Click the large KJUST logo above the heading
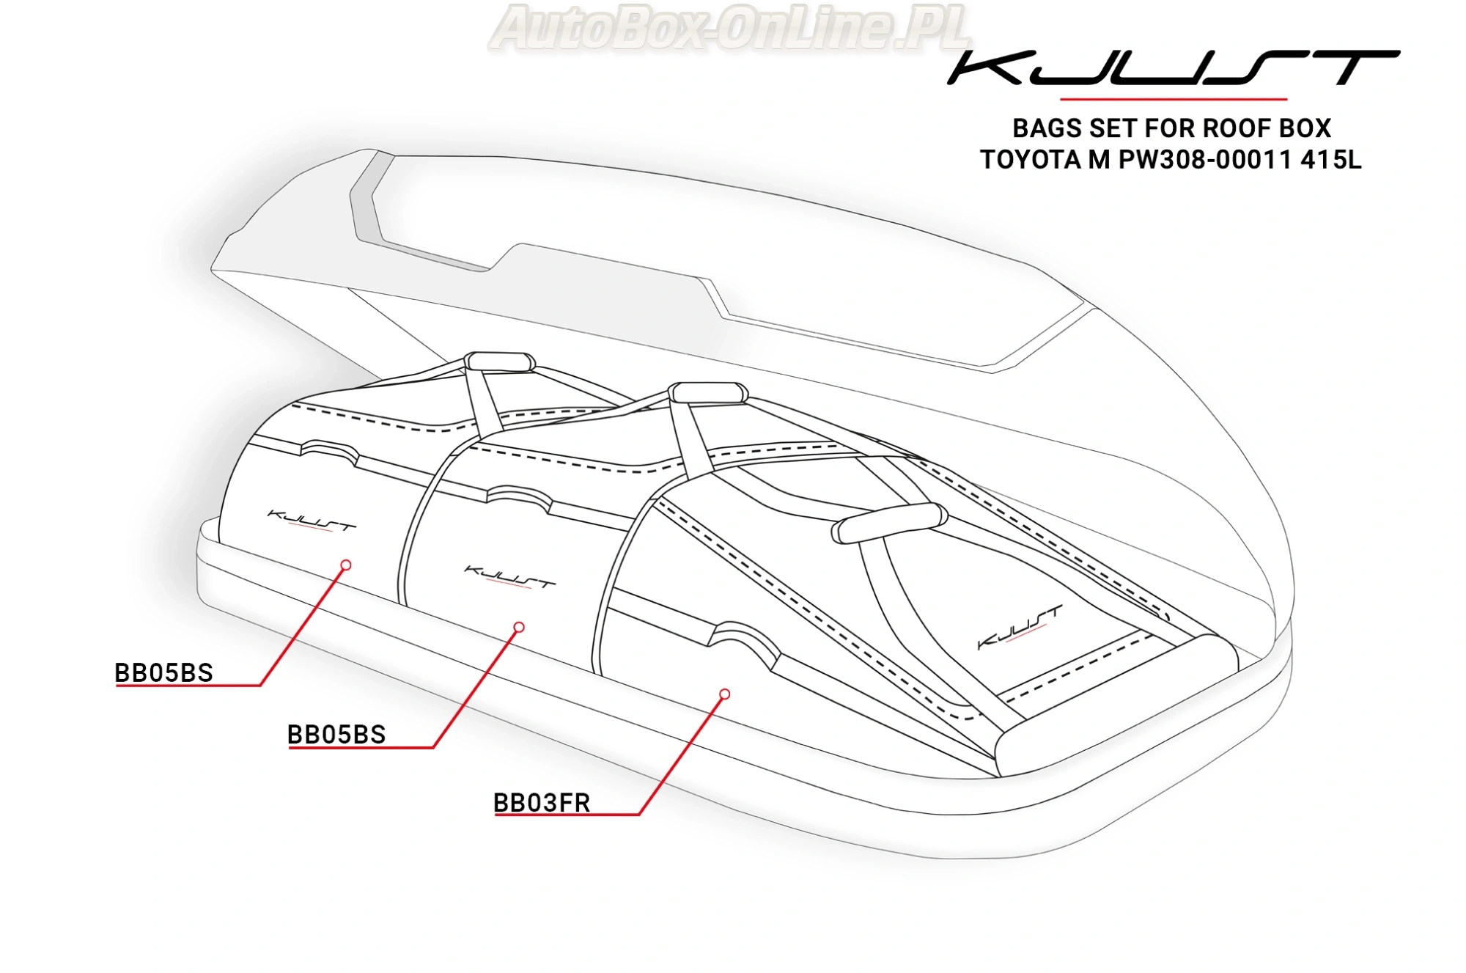click(x=1173, y=67)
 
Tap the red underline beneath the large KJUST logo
click(x=1174, y=98)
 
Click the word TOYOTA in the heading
click(x=1030, y=160)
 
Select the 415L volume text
click(x=1331, y=160)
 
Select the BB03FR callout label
click(x=542, y=803)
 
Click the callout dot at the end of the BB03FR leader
click(x=724, y=694)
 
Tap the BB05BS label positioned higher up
click(x=163, y=672)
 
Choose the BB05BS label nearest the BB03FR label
click(x=336, y=734)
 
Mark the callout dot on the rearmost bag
click(x=346, y=565)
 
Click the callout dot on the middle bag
click(x=519, y=627)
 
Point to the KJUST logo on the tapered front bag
click(x=1020, y=628)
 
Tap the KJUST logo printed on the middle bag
click(x=510, y=577)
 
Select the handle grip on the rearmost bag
click(x=500, y=362)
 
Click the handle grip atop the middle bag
click(x=708, y=393)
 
